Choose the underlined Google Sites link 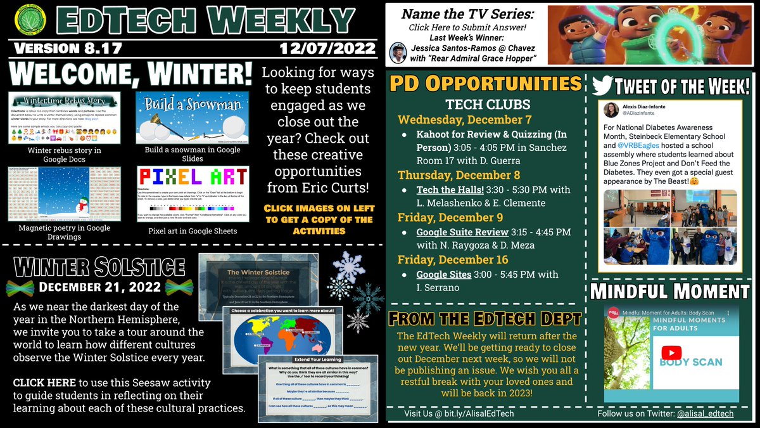443,275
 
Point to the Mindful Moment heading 671,291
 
